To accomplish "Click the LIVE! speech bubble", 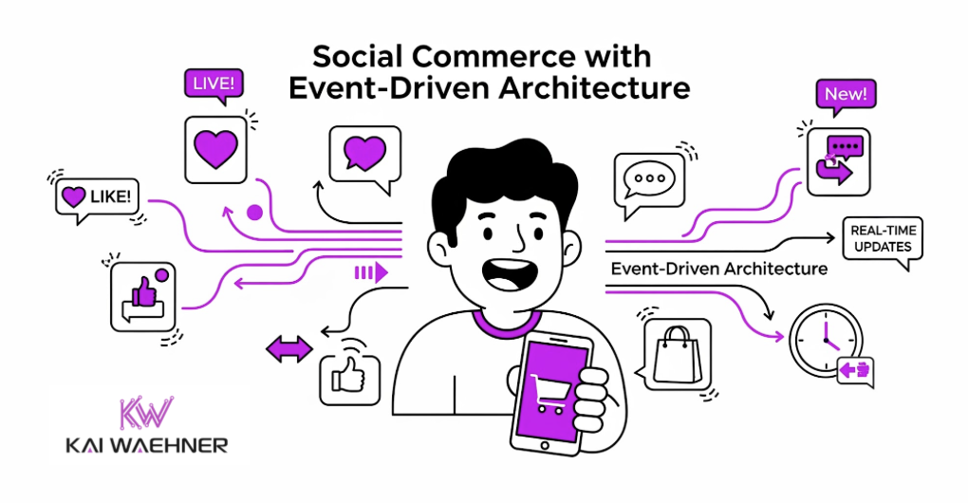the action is click(214, 84).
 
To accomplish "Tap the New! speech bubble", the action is click(846, 95).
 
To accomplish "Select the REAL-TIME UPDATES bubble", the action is click(883, 241).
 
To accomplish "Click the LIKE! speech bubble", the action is click(97, 198).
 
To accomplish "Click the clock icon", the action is click(826, 341).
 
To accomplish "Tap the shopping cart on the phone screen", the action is click(549, 393).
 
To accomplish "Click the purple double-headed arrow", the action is click(289, 349).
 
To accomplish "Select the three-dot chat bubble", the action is click(649, 182).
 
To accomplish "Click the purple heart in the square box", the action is click(215, 149).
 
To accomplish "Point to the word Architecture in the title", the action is click(594, 87).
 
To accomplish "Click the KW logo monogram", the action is click(146, 413).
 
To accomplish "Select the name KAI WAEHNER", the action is click(147, 446).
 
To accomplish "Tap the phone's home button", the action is click(544, 446).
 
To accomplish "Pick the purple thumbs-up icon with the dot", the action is click(143, 297).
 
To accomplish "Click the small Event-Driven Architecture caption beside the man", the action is click(719, 270).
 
